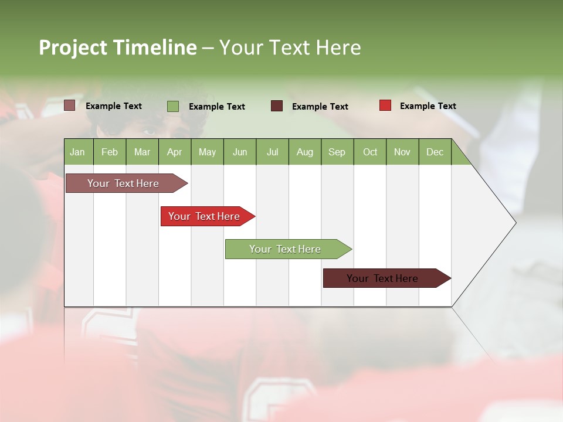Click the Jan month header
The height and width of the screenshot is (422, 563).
click(77, 152)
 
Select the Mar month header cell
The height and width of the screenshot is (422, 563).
click(142, 152)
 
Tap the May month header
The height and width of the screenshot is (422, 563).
click(207, 152)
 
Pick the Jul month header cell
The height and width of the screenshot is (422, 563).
click(272, 152)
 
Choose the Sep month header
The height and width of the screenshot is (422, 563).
click(337, 152)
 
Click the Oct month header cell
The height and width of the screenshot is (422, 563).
click(370, 152)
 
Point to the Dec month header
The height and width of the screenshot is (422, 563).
click(435, 152)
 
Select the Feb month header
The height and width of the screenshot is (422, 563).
click(110, 152)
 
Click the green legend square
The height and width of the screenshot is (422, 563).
click(173, 106)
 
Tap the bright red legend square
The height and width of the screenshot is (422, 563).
click(385, 105)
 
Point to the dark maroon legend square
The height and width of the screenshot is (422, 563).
click(277, 106)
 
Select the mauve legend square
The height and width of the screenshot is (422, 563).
click(69, 105)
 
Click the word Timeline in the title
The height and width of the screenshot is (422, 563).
click(155, 47)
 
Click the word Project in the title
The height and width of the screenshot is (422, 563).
click(73, 47)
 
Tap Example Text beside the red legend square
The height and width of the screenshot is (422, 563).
click(428, 106)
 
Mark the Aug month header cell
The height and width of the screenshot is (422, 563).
click(304, 152)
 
